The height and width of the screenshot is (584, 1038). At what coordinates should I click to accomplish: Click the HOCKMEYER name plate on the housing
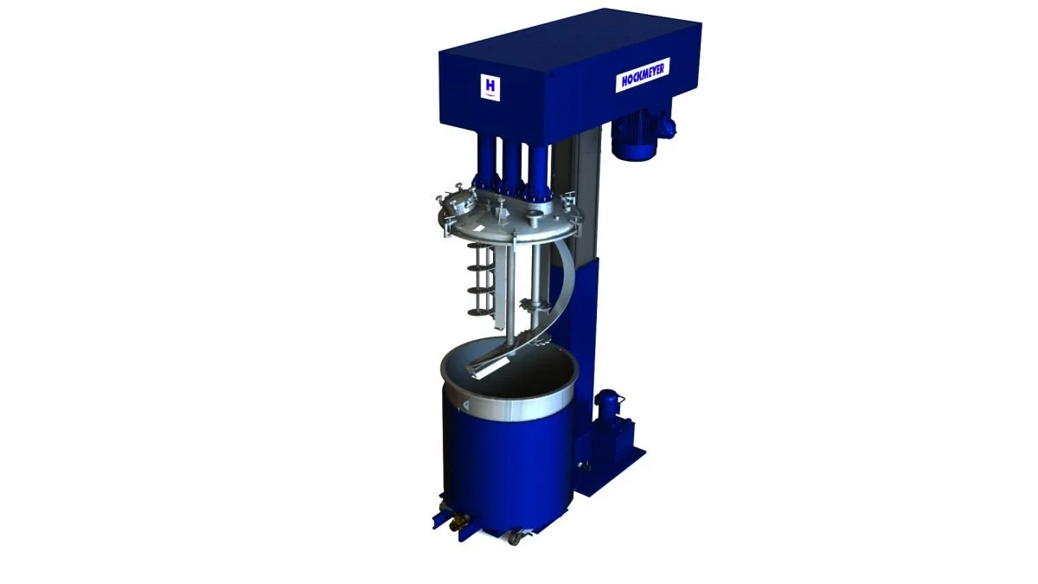[643, 79]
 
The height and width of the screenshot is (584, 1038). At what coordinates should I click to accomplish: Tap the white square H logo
[490, 86]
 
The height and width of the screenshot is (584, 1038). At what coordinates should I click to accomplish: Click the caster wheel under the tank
[516, 538]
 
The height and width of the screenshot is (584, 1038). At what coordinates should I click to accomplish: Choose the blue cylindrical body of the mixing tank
[506, 459]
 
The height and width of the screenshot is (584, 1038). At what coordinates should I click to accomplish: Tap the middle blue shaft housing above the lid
[511, 164]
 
